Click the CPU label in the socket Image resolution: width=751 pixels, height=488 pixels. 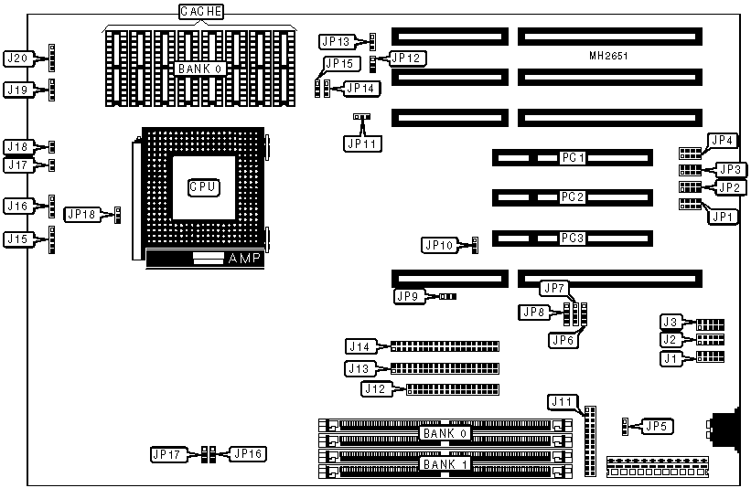click(202, 187)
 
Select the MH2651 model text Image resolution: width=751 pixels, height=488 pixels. click(608, 57)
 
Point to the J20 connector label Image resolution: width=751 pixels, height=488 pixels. click(20, 58)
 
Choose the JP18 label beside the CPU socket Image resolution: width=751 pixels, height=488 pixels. click(81, 215)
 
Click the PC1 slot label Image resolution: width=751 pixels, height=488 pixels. click(574, 158)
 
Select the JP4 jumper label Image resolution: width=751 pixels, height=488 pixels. click(723, 141)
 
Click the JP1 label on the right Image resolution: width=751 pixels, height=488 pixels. click(723, 217)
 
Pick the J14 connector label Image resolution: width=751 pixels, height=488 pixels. click(359, 346)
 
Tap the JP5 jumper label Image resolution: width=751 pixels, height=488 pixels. click(655, 425)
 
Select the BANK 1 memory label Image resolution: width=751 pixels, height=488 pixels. click(445, 464)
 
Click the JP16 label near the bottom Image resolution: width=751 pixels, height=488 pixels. click(248, 452)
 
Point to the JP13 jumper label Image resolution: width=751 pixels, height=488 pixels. click(336, 41)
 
